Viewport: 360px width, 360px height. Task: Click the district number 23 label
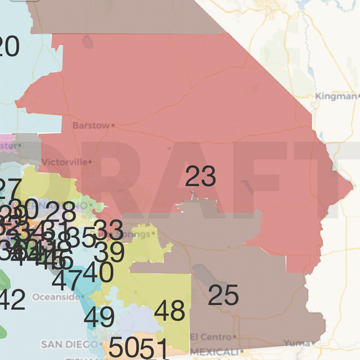point(201,177)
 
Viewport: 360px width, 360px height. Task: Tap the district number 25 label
point(223,295)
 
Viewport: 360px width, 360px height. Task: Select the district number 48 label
point(170,311)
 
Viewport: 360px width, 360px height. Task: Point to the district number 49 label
point(99,317)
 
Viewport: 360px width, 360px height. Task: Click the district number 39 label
point(109,252)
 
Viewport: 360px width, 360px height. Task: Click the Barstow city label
point(91,125)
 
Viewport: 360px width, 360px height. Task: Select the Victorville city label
point(64,162)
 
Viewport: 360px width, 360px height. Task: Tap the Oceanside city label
point(56,297)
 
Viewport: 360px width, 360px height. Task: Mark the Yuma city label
point(295,344)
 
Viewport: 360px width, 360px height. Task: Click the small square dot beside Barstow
point(112,125)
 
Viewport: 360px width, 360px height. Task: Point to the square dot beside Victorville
point(90,162)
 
